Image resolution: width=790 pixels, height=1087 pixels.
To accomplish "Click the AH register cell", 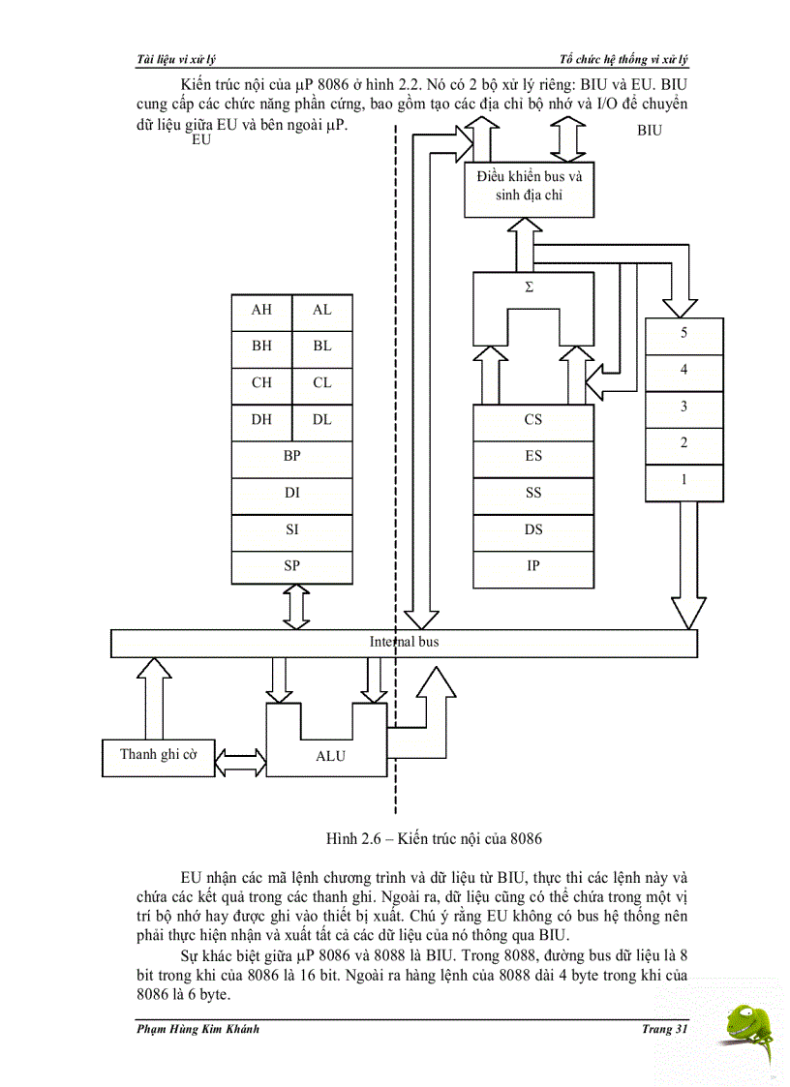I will click(x=261, y=310).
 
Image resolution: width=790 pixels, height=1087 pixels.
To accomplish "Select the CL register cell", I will click(x=321, y=382).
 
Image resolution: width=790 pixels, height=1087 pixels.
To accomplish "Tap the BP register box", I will click(x=291, y=456).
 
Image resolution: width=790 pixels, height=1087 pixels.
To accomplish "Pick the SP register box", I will click(x=291, y=566).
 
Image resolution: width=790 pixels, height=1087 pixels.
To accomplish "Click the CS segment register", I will click(x=532, y=420).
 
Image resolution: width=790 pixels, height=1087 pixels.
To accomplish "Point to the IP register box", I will click(x=532, y=566).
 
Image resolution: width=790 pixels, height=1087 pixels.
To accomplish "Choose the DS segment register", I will click(x=532, y=529).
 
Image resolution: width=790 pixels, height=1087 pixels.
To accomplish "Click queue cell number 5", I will click(x=684, y=333).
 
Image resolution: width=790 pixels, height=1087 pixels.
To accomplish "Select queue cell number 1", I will click(x=684, y=480).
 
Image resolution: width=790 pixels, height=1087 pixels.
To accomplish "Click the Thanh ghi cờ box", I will click(x=158, y=755).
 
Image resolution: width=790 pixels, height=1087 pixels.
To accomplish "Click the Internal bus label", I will click(x=404, y=642).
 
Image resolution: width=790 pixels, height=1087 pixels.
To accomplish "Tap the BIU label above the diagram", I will click(x=650, y=131).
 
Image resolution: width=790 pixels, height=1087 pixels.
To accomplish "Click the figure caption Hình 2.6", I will click(x=440, y=836).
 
